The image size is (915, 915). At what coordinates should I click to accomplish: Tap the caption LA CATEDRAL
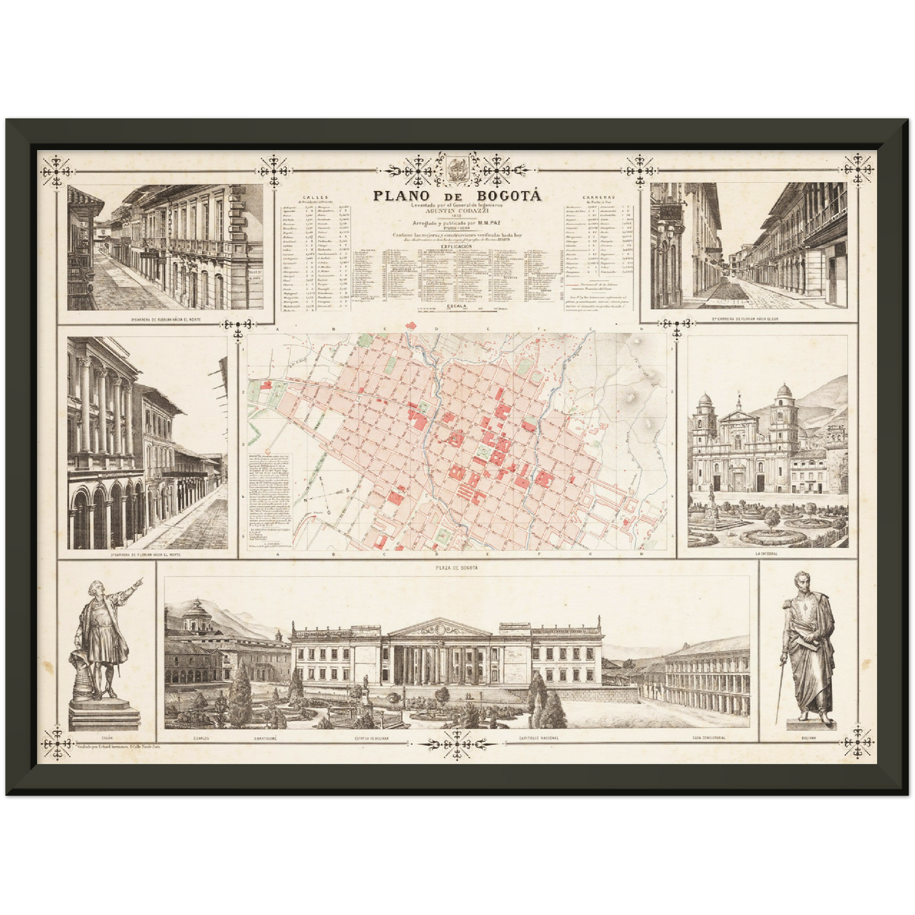coord(767,553)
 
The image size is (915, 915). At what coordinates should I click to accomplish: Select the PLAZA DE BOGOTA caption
coord(457,568)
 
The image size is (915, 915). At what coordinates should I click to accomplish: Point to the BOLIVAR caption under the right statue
coord(806,738)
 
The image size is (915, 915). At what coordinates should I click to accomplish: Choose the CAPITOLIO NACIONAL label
coord(538,738)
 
